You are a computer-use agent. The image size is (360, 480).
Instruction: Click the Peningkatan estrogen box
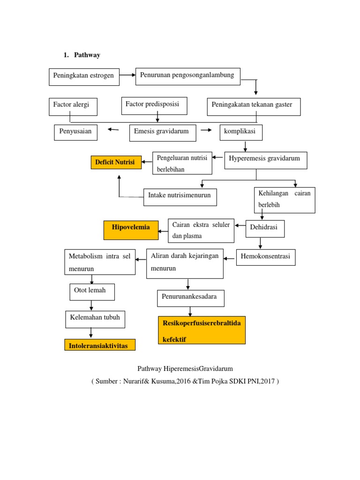click(84, 77)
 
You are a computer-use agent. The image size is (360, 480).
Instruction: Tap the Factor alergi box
click(73, 106)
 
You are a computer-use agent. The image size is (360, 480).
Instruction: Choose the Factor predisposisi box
click(154, 105)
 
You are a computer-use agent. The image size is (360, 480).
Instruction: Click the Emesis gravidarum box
click(162, 132)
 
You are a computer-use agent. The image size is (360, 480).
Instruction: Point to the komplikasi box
click(241, 132)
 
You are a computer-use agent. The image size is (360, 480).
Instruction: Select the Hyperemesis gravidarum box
click(265, 160)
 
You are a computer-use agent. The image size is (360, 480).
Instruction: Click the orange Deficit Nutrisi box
click(116, 163)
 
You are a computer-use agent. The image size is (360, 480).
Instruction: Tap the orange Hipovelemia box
click(131, 228)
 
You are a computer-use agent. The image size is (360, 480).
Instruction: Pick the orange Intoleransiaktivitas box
click(99, 345)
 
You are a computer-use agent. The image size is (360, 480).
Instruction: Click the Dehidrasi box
click(265, 228)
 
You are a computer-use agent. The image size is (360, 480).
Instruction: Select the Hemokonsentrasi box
click(266, 257)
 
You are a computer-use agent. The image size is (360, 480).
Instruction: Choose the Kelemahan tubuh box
click(95, 319)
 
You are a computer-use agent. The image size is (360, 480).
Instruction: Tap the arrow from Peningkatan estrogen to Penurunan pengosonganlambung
click(127, 75)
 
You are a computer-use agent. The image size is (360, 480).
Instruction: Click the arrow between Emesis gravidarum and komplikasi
click(206, 130)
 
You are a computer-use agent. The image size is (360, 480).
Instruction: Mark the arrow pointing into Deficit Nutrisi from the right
click(147, 163)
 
